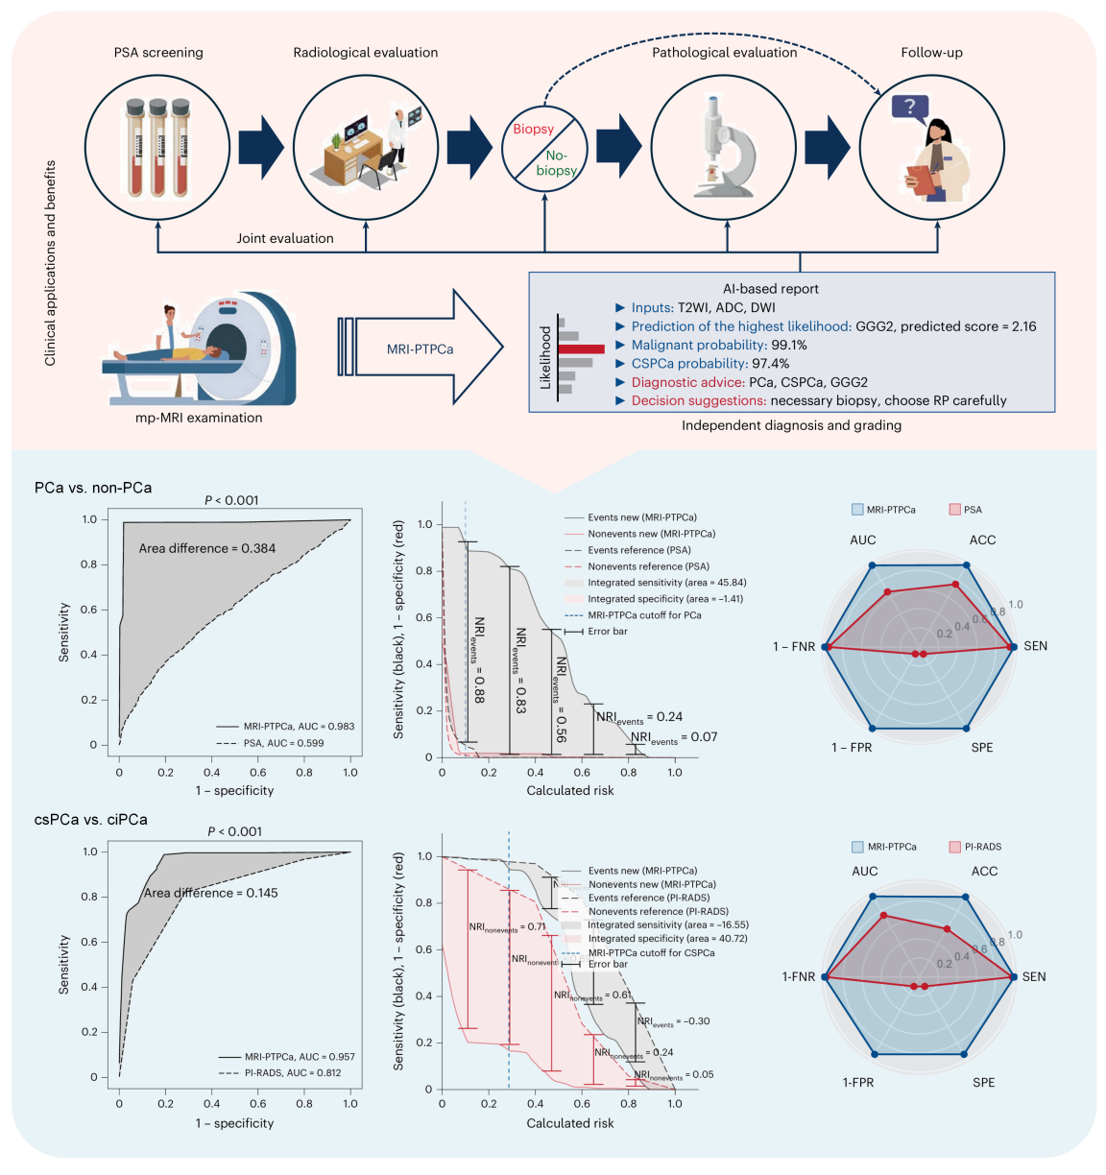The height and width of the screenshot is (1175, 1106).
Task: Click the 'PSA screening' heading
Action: [x=158, y=53]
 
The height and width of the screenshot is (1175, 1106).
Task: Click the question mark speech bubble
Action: [x=910, y=107]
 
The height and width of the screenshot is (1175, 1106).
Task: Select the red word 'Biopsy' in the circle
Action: [x=533, y=130]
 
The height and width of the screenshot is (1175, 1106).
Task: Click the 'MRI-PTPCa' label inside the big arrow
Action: [x=420, y=348]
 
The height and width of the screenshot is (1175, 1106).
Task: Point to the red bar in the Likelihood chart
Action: [x=580, y=349]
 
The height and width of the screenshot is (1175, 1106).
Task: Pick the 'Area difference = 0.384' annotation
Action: [x=206, y=548]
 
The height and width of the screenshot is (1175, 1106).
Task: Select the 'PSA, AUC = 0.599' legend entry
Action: [x=283, y=743]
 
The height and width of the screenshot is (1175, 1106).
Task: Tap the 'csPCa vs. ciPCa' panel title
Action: [x=91, y=820]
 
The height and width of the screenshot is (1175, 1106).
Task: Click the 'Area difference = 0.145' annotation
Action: [x=210, y=893]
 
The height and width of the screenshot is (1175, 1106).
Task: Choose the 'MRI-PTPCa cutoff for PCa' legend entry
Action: [x=644, y=615]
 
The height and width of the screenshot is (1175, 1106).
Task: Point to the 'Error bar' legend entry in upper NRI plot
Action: [x=608, y=632]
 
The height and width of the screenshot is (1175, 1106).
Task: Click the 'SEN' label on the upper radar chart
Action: [x=1035, y=646]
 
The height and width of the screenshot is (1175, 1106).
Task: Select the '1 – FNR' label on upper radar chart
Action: [x=794, y=647]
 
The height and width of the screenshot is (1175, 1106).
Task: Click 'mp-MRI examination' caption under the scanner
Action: [x=199, y=418]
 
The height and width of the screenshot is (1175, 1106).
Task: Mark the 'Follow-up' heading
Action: [x=931, y=53]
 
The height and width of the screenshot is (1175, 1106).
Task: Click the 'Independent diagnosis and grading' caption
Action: [x=791, y=425]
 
